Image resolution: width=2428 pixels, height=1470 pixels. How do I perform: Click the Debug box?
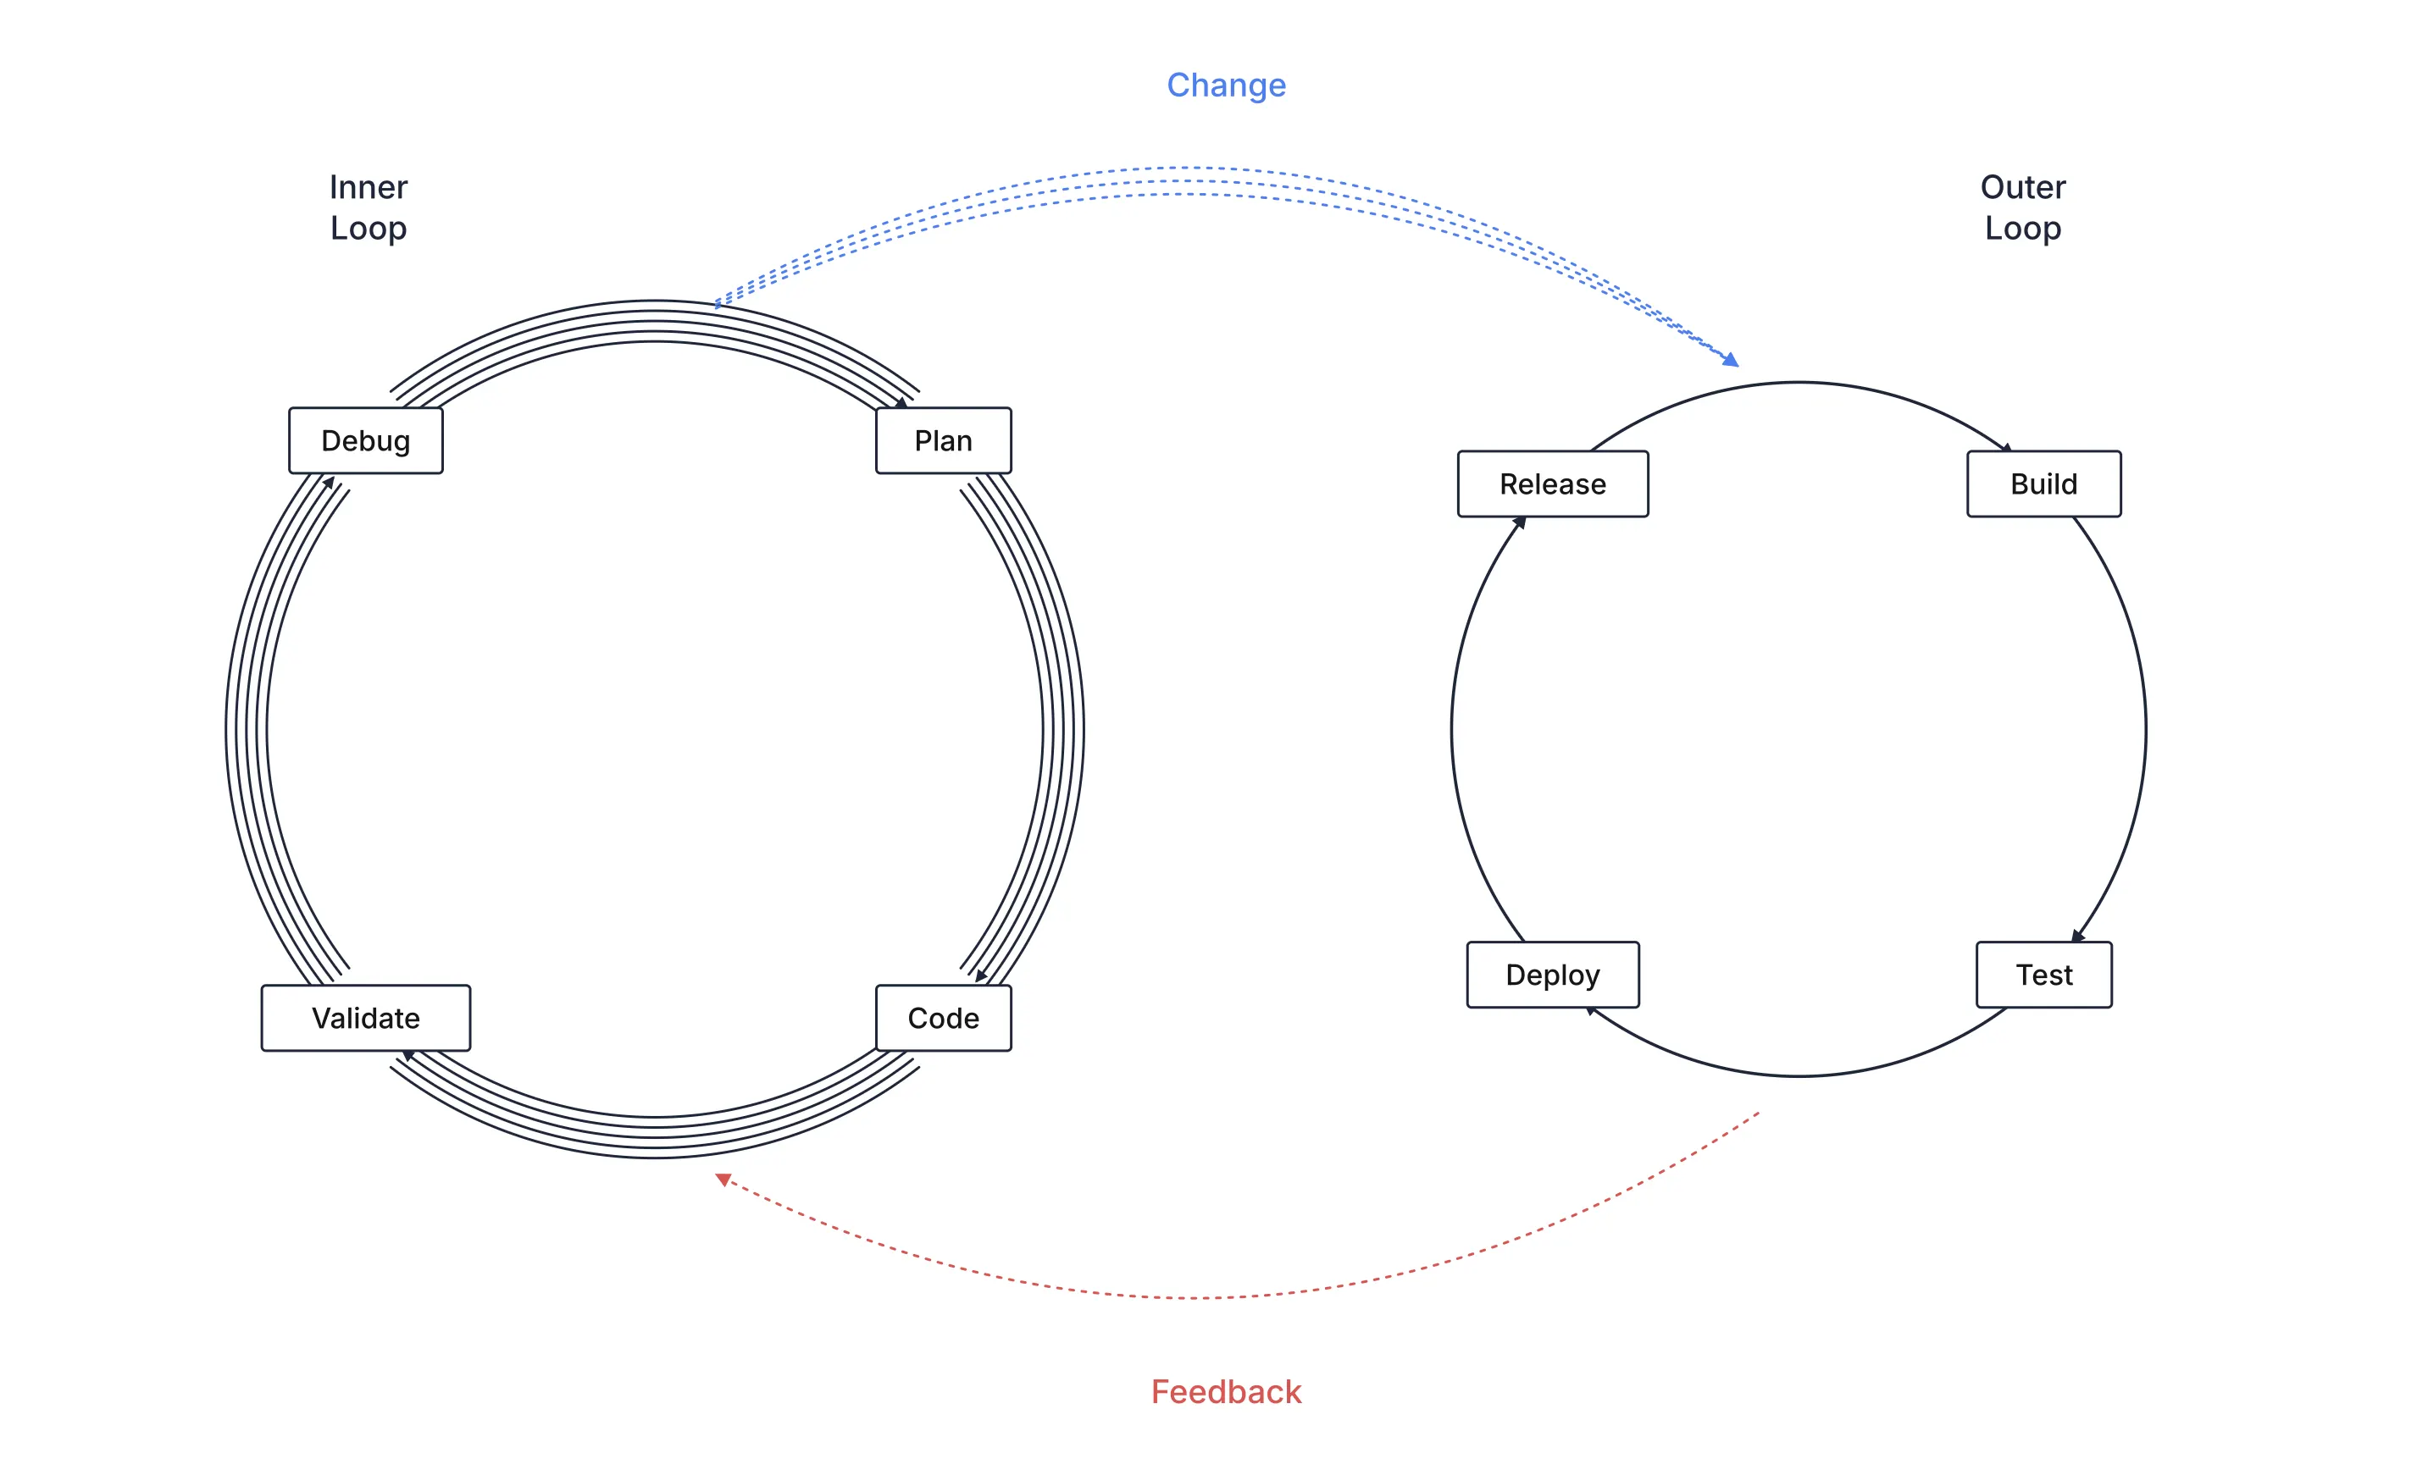click(x=366, y=440)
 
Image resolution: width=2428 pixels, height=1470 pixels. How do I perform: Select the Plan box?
click(x=943, y=440)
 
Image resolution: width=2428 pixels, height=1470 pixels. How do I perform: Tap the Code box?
click(x=943, y=1018)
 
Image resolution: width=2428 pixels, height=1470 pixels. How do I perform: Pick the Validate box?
click(x=366, y=1018)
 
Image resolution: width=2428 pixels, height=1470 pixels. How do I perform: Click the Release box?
click(x=1553, y=484)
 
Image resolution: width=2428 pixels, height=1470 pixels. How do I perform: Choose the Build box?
click(x=2043, y=484)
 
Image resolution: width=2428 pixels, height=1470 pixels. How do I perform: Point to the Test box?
click(x=2043, y=975)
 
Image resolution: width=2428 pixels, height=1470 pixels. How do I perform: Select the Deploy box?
click(x=1553, y=975)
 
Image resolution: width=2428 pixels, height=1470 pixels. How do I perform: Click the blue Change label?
click(x=1226, y=86)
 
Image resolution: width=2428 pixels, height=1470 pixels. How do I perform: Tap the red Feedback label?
click(x=1226, y=1391)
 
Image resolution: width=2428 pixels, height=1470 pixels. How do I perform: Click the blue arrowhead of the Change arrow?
click(x=1732, y=360)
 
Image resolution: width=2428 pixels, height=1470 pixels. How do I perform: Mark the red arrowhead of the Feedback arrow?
click(x=723, y=1180)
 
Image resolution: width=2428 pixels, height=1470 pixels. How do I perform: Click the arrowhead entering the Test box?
click(x=2078, y=935)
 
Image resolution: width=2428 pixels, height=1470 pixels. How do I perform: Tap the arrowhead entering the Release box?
click(x=1520, y=523)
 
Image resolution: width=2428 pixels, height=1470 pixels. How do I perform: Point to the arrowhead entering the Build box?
click(x=2005, y=448)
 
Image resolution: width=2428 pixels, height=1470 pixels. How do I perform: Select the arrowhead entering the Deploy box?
click(x=1590, y=1010)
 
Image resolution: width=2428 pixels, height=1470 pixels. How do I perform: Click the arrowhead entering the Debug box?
click(x=329, y=483)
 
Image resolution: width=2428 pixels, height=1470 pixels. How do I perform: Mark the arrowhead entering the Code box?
click(x=980, y=975)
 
